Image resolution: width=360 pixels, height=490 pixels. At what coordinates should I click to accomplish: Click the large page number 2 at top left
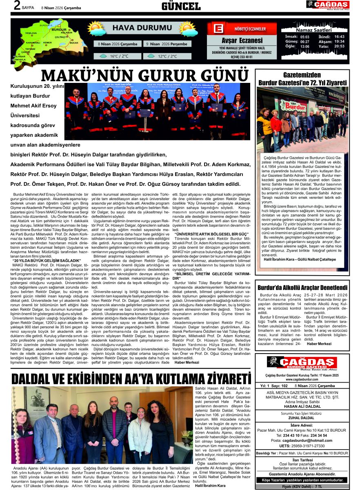(x=17, y=5)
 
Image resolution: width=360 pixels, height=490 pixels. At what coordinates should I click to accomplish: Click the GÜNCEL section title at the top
(x=181, y=6)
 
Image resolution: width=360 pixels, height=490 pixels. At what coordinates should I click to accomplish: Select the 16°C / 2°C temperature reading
(x=119, y=56)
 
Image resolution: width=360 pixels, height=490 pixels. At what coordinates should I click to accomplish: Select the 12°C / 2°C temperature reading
(x=168, y=56)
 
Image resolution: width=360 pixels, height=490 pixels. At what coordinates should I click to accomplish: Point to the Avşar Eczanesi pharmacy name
(x=242, y=40)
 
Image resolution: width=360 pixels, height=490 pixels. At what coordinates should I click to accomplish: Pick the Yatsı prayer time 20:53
(x=339, y=47)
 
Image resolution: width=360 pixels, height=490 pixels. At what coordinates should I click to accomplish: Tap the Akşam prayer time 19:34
(x=339, y=42)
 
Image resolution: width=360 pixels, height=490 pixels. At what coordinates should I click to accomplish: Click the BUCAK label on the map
(x=74, y=42)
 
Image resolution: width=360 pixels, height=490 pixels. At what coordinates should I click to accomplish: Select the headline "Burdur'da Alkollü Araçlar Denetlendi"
(x=302, y=287)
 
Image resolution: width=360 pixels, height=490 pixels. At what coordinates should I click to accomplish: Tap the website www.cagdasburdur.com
(x=302, y=379)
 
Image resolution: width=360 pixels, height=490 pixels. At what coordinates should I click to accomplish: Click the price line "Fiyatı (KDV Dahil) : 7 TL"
(x=302, y=486)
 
